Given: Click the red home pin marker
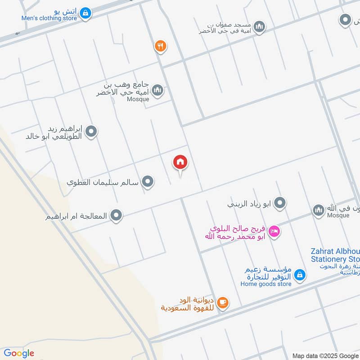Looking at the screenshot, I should pyautogui.click(x=180, y=162).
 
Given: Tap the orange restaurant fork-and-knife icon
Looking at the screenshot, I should pyautogui.click(x=161, y=45).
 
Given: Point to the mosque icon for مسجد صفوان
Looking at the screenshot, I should pyautogui.click(x=259, y=27).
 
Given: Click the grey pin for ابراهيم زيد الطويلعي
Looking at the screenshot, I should pyautogui.click(x=91, y=132).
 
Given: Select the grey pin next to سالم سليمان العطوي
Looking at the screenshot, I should pyautogui.click(x=148, y=182).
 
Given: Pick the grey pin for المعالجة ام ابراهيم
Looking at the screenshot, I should pyautogui.click(x=117, y=216).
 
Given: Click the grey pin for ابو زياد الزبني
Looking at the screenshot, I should pyautogui.click(x=280, y=203).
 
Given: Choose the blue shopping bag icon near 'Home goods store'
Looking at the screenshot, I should pyautogui.click(x=300, y=274).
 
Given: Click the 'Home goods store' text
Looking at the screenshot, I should pyautogui.click(x=266, y=284).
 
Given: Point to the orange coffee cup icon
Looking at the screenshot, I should pyautogui.click(x=222, y=303).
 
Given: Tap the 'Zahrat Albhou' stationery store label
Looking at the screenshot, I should pyautogui.click(x=335, y=255).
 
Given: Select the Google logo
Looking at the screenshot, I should pyautogui.click(x=19, y=353).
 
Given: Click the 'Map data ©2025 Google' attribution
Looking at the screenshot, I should pyautogui.click(x=325, y=355).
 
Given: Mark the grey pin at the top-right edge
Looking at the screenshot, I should pyautogui.click(x=345, y=20).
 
